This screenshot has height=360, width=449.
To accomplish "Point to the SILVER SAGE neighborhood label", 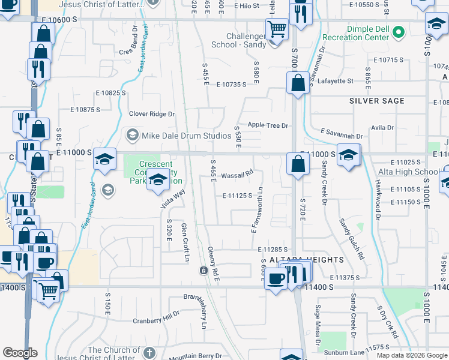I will coord(377,101).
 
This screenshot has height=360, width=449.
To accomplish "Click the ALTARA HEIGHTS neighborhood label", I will coord(302,260).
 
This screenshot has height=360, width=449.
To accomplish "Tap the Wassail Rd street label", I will coord(238,176).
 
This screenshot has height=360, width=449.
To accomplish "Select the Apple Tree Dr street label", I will coord(268,125).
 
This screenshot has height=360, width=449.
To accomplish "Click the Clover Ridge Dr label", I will coord(152,114).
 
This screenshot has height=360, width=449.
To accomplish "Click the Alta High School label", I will coord(409,172).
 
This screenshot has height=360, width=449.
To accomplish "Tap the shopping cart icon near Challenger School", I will coord(277,28).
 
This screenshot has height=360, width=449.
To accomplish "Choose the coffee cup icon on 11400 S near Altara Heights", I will coord(276,278).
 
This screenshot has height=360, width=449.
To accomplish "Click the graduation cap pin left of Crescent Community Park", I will coord(105,158).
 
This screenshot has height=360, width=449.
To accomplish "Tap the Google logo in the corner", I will coord(20,353).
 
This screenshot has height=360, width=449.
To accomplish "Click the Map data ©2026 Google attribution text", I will coord(411,355).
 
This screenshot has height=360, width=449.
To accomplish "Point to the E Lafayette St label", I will coord(334,80).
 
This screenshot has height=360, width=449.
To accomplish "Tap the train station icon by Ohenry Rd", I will coord(203,271).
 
